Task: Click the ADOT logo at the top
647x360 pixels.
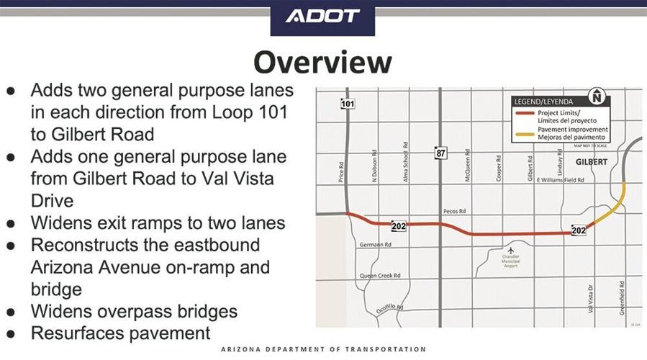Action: pos(323,16)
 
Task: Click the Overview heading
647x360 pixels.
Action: pos(323,63)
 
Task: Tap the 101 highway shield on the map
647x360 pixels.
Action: pos(348,104)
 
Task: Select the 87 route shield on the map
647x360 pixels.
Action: pos(440,153)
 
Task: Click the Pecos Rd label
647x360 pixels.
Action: pos(453,212)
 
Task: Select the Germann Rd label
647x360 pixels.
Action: pos(375,245)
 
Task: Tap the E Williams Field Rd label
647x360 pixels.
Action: pos(561,180)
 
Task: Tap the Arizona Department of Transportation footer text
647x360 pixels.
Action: pos(323,349)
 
